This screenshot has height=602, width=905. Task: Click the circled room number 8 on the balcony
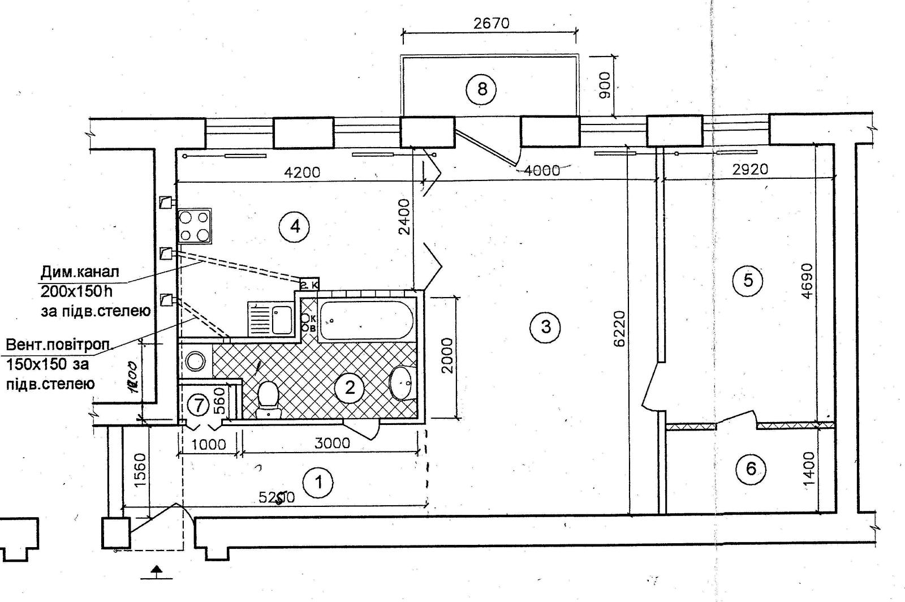coord(482,89)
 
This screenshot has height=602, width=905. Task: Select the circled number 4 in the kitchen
coord(295,227)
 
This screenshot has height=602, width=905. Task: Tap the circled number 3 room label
coord(546,326)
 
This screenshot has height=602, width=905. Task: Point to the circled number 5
coord(748,280)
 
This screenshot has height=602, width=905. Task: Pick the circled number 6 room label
coord(751,468)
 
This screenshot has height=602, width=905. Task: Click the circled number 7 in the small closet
coord(198,405)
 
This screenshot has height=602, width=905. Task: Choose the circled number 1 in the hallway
coord(319,483)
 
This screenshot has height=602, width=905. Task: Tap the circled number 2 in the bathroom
coord(350,388)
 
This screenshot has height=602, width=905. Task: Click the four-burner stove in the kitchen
coord(194,225)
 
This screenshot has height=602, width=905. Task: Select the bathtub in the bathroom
coord(367,321)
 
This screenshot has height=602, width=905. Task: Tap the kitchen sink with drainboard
coord(270,319)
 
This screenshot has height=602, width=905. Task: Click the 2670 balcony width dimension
coord(490,23)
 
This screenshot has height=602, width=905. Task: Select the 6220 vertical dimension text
coord(620,328)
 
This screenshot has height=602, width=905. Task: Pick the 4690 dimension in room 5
coord(807,281)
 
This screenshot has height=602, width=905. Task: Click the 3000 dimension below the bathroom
coord(333,443)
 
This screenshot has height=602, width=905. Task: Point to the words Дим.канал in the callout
coord(80,272)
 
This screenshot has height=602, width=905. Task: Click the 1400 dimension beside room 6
coord(809,469)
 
